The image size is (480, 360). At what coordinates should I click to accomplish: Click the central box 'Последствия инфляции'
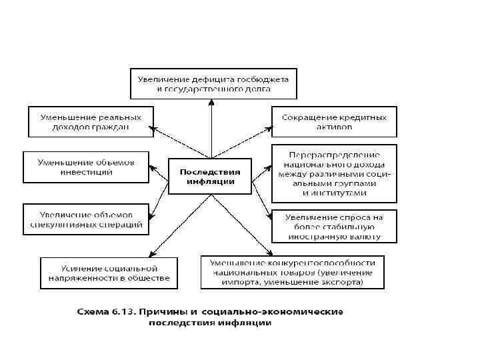tap(209, 176)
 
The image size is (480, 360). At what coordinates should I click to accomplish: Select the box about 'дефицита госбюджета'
tap(213, 82)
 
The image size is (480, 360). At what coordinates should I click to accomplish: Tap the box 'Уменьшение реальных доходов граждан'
tap(90, 121)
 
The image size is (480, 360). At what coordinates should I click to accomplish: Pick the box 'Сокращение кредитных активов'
tap(334, 121)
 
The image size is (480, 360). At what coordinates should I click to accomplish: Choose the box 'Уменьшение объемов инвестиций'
tap(85, 167)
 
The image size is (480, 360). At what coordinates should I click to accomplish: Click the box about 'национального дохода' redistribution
tap(334, 173)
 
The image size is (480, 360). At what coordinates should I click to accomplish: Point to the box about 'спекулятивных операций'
tap(85, 219)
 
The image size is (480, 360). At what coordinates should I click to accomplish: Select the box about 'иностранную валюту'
tap(334, 225)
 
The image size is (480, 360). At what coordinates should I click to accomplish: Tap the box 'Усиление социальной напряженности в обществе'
tap(109, 272)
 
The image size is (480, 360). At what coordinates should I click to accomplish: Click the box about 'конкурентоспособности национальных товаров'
tap(293, 272)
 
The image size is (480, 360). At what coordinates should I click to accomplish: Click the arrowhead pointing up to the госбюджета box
tap(211, 101)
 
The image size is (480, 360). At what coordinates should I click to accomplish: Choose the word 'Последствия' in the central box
tap(209, 171)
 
